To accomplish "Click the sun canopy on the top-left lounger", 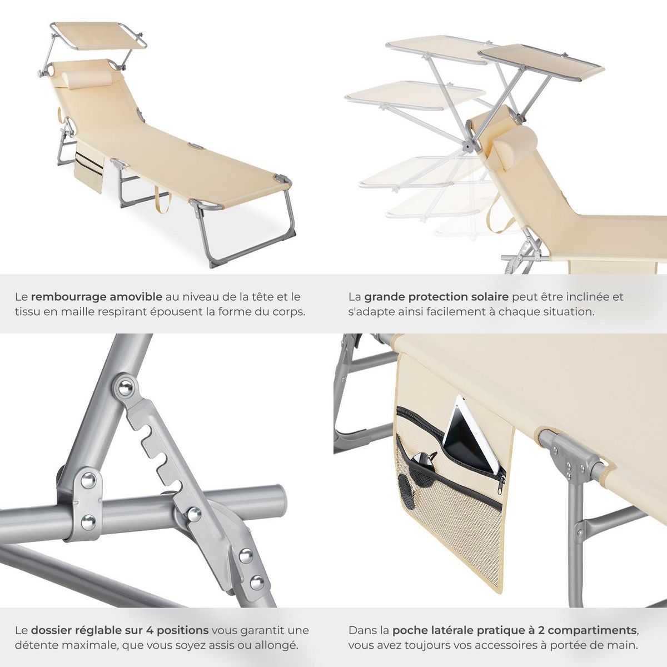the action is [98, 36].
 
